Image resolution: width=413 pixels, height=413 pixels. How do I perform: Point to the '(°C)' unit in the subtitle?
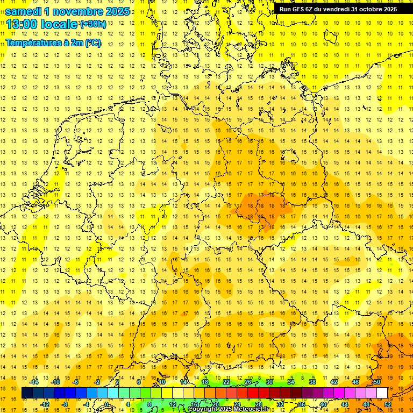point(92,42)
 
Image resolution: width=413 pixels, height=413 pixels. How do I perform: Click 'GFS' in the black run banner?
point(301,9)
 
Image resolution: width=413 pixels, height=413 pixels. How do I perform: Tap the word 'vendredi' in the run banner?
point(336,9)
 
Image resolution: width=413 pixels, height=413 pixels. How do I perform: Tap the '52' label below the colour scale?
point(388,404)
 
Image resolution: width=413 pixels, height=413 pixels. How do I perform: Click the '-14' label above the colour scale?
point(34,382)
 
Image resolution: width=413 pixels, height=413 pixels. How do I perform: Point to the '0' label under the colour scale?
point(107,404)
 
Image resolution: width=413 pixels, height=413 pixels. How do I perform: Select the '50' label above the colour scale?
point(377,382)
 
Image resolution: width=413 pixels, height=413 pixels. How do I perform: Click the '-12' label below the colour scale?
point(45,404)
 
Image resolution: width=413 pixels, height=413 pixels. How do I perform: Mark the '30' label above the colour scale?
point(269,382)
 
